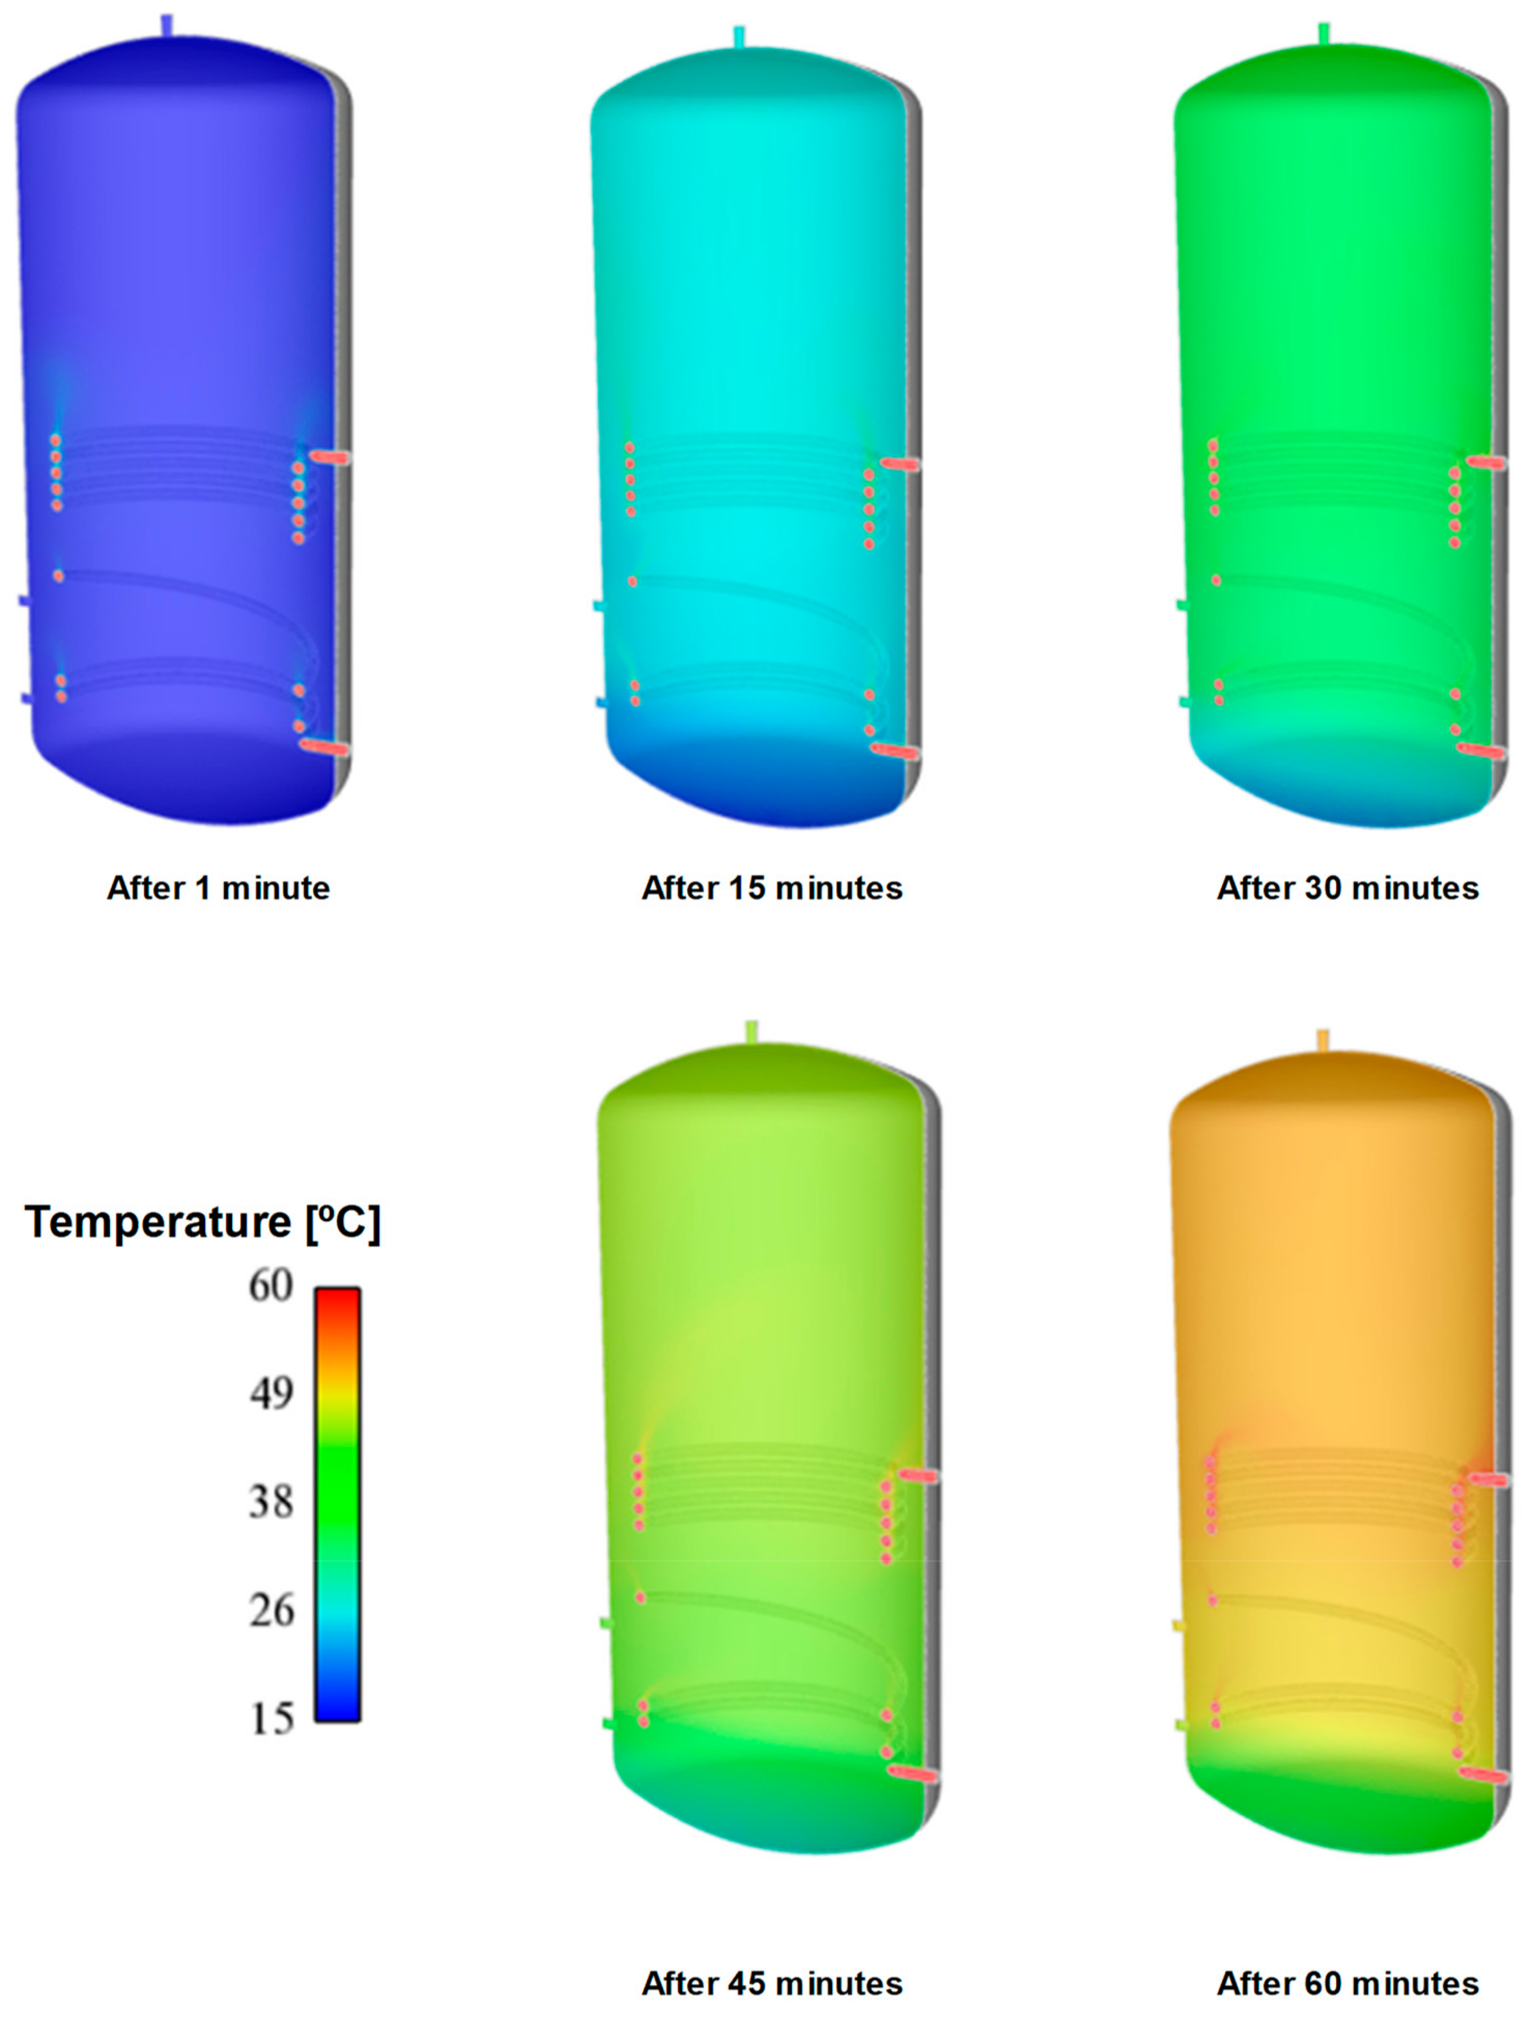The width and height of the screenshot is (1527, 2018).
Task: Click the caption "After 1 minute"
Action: pyautogui.click(x=219, y=888)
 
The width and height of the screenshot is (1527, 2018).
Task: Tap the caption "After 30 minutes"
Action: pyautogui.click(x=1347, y=888)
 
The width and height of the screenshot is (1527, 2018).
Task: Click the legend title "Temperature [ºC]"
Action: pyautogui.click(x=203, y=1221)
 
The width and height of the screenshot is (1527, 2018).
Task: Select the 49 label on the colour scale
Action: pyautogui.click(x=271, y=1393)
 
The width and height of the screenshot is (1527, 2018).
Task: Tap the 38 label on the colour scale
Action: pyautogui.click(x=271, y=1501)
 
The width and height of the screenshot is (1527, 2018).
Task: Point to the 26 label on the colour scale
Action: pyautogui.click(x=271, y=1610)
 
